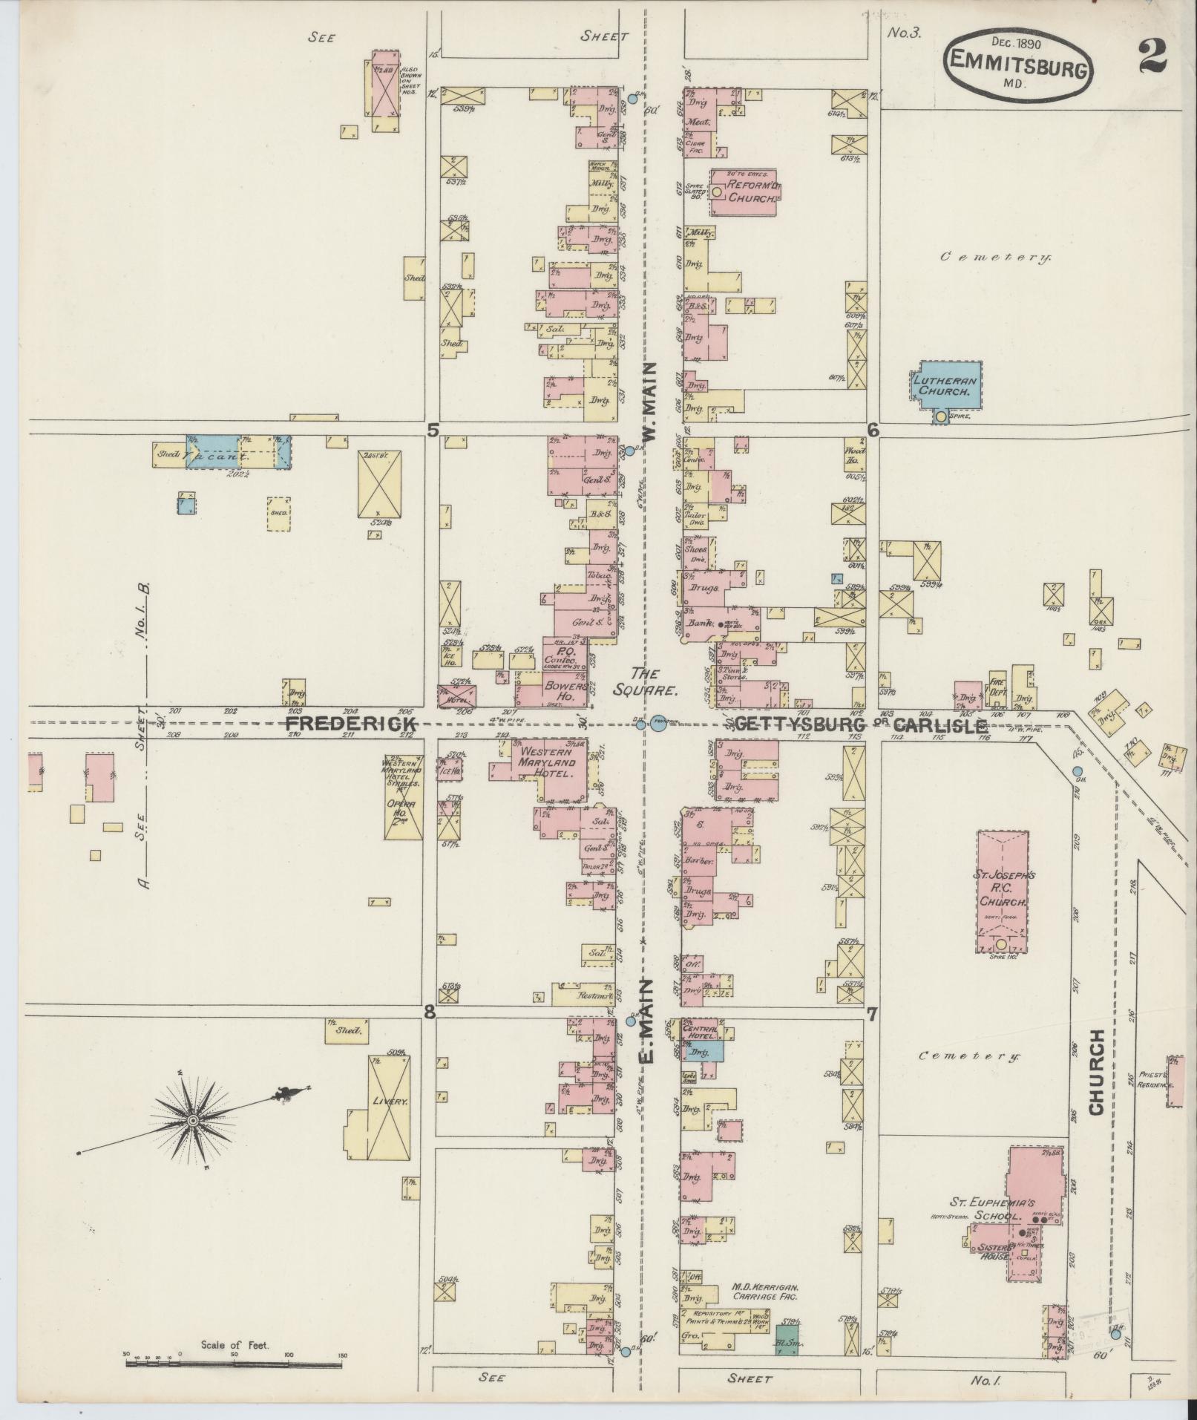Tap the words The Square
[x=655, y=681]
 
